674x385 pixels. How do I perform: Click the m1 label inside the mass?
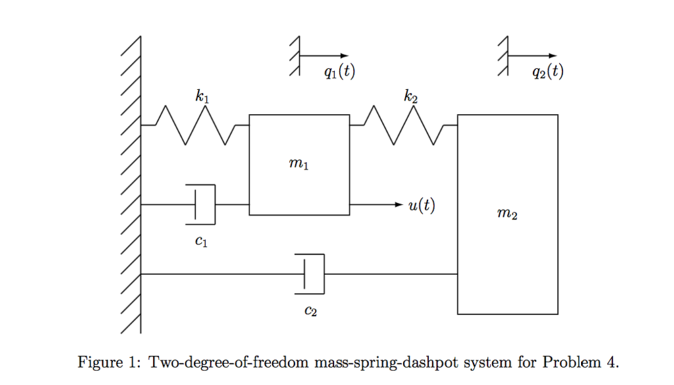pyautogui.click(x=298, y=164)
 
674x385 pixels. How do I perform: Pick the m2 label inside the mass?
pyautogui.click(x=507, y=215)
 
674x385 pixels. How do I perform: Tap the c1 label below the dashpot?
pyautogui.click(x=201, y=242)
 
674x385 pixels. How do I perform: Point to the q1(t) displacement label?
pyautogui.click(x=340, y=72)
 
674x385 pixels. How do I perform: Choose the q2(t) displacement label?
pyautogui.click(x=548, y=72)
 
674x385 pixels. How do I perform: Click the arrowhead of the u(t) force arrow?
pyautogui.click(x=397, y=205)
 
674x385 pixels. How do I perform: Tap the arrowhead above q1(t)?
pyautogui.click(x=344, y=56)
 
